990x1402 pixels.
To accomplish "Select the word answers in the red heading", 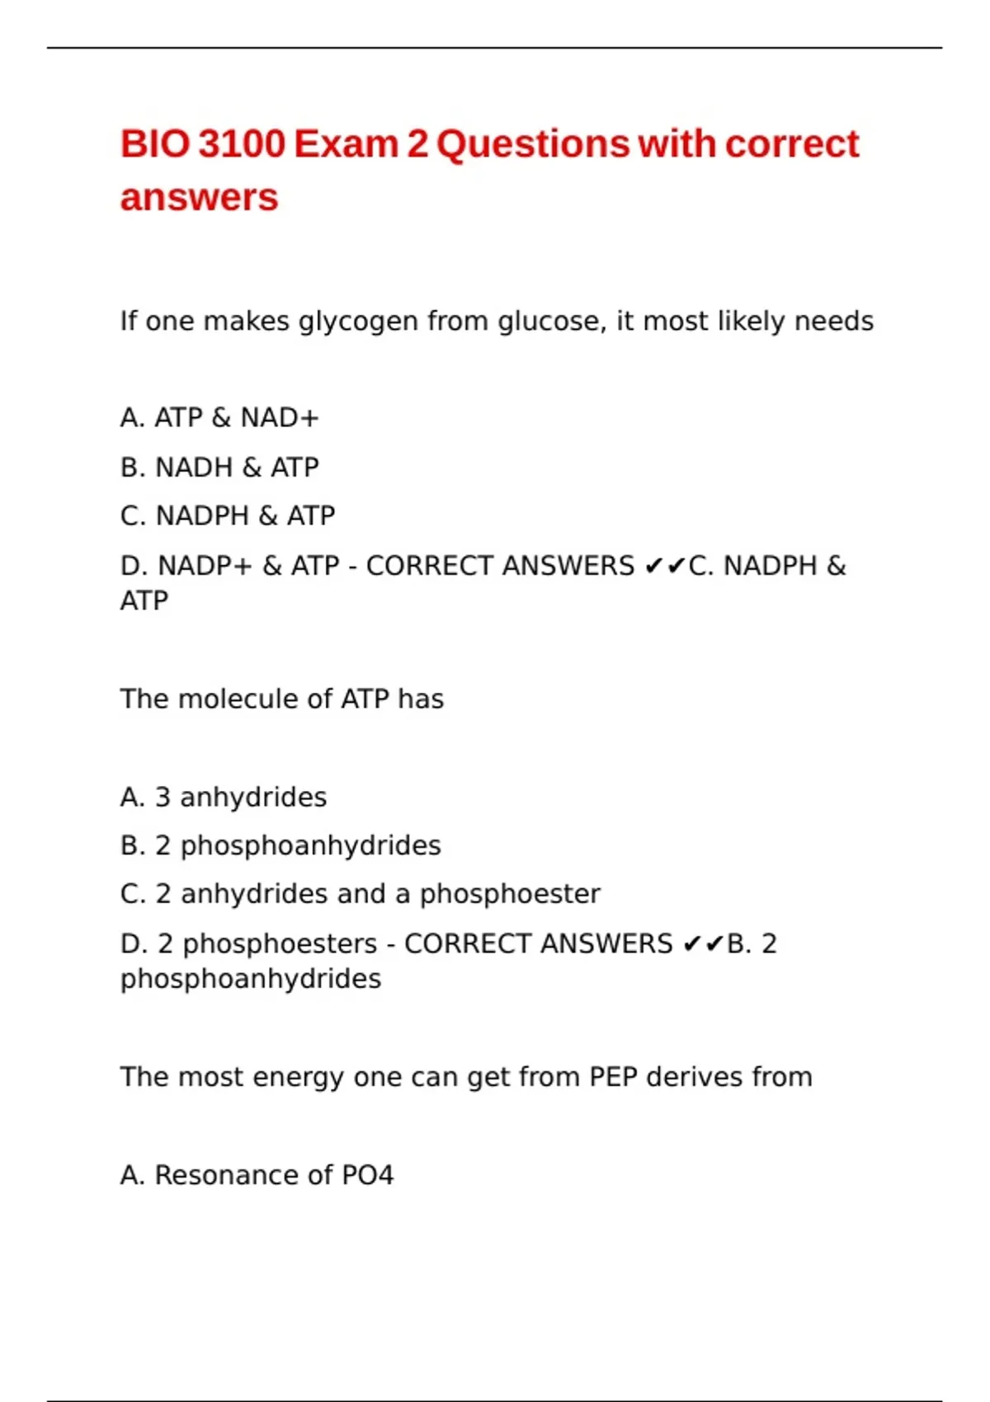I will point(199,198).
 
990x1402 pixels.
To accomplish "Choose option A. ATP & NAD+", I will point(219,418).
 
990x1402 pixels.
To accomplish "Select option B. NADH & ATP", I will point(219,468).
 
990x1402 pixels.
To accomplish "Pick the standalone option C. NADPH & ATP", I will point(227,516).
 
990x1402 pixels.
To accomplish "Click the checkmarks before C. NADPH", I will point(665,567).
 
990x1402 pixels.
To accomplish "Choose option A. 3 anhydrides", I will point(223,797).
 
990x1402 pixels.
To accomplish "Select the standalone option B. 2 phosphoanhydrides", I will point(280,846).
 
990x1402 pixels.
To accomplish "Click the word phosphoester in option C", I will point(510,894).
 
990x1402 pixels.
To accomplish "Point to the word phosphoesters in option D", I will point(280,944).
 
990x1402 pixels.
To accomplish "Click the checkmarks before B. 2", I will point(704,944).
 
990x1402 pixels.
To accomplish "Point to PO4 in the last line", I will point(367,1175).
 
